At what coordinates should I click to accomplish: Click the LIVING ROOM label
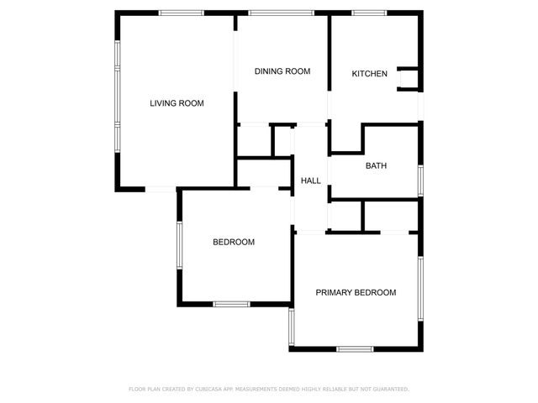pyautogui.click(x=177, y=103)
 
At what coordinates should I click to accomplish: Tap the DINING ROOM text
pyautogui.click(x=282, y=71)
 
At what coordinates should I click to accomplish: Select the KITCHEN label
pyautogui.click(x=369, y=74)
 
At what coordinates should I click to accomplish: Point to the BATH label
pyautogui.click(x=376, y=165)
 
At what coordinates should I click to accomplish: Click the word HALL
pyautogui.click(x=311, y=181)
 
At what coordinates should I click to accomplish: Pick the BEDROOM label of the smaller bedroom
pyautogui.click(x=233, y=242)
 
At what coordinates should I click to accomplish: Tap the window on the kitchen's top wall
pyautogui.click(x=365, y=13)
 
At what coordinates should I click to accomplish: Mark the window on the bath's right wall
pyautogui.click(x=420, y=181)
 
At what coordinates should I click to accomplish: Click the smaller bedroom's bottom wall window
pyautogui.click(x=231, y=304)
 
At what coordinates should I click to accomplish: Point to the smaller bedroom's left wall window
pyautogui.click(x=178, y=244)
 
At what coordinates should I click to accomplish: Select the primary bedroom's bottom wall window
pyautogui.click(x=355, y=348)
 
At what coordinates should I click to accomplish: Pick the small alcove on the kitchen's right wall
pyautogui.click(x=409, y=78)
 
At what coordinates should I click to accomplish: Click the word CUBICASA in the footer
pyautogui.click(x=217, y=389)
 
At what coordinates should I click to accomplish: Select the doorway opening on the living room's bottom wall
pyautogui.click(x=161, y=190)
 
